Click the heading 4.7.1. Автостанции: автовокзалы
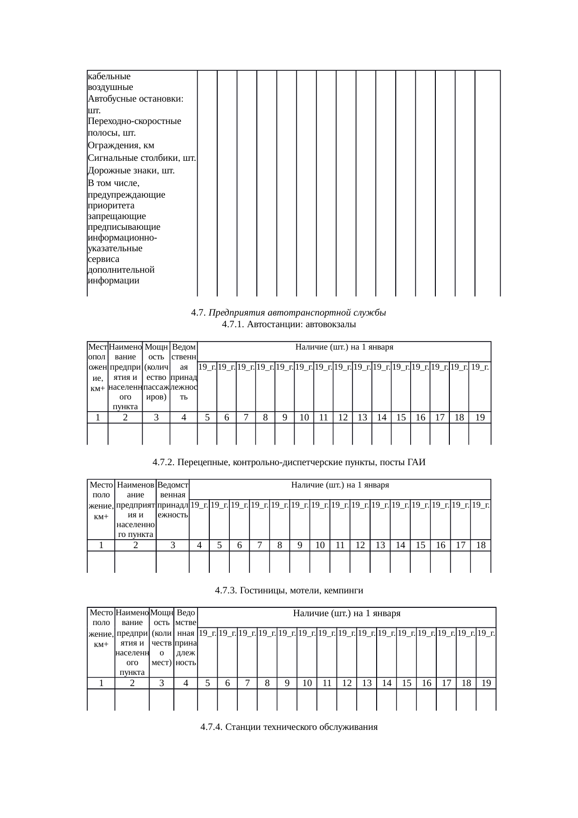289,324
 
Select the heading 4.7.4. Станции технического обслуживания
289,727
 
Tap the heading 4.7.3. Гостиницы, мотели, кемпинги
289,591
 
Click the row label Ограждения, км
121,146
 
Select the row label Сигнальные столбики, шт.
141,158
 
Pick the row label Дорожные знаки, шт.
131,171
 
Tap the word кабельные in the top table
109,76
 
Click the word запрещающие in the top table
117,216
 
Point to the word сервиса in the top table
103,259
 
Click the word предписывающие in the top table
124,227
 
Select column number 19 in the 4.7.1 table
480,418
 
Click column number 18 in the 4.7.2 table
480,545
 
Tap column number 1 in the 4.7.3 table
101,683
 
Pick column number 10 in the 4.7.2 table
320,545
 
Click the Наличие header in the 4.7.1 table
344,347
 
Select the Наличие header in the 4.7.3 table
346,613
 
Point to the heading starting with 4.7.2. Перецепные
289,462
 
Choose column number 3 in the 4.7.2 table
172,545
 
